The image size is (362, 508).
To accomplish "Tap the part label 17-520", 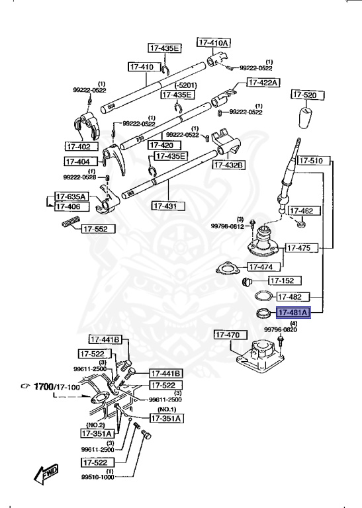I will click(x=305, y=95).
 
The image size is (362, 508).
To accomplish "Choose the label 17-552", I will click(x=99, y=230).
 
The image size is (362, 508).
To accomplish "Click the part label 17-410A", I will click(x=213, y=42).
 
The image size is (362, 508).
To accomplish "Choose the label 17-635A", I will click(x=70, y=196).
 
